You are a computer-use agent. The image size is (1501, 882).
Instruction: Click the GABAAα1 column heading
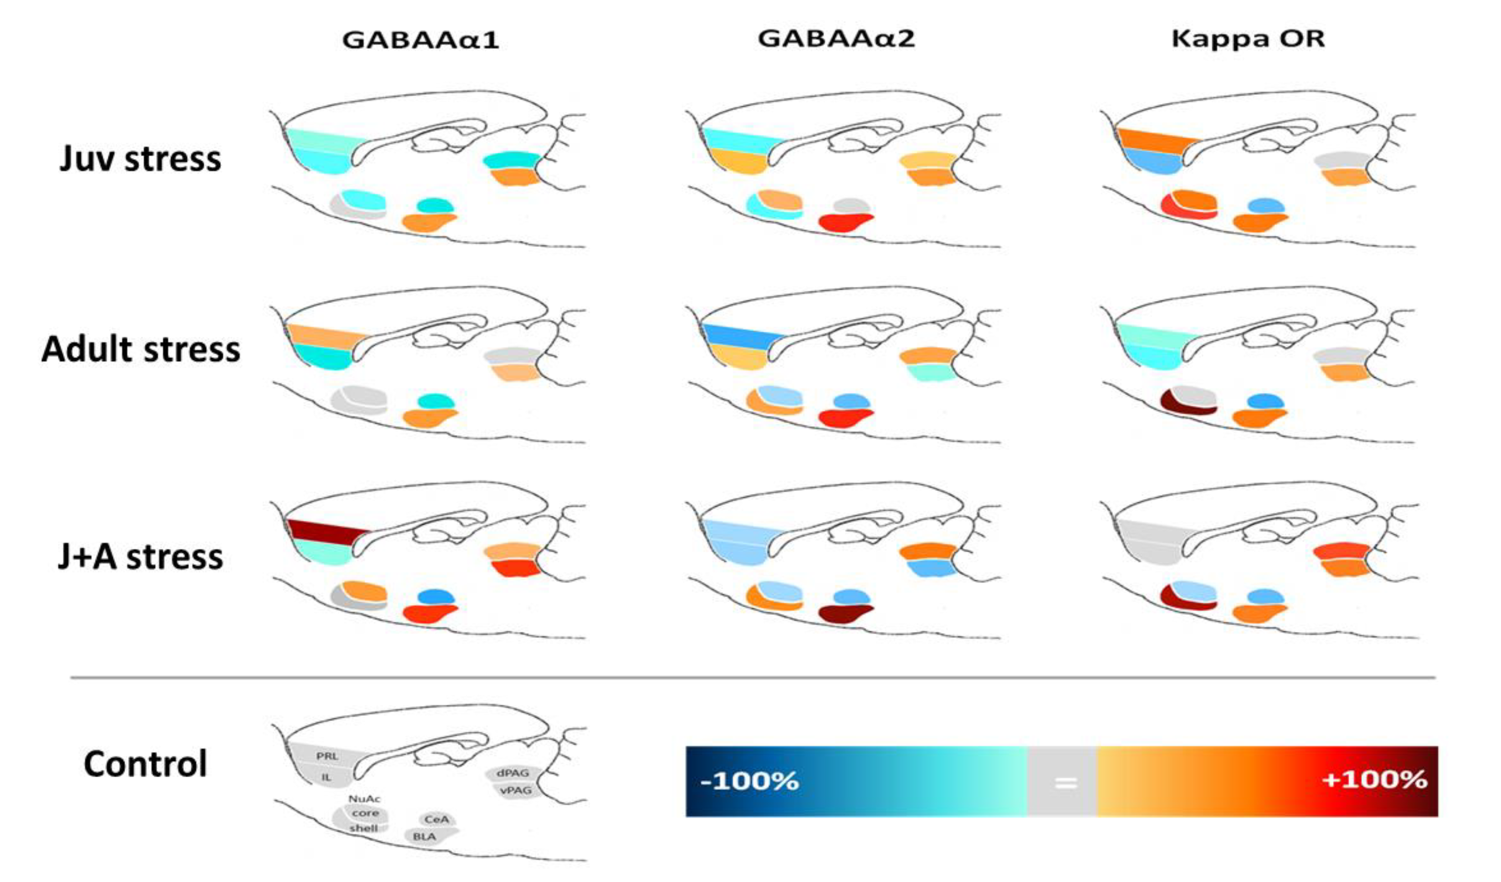coord(420,40)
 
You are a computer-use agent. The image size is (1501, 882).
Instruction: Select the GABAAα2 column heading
coord(836,39)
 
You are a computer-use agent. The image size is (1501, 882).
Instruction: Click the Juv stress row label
coord(140,159)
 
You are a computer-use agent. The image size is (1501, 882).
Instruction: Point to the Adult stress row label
coord(140,349)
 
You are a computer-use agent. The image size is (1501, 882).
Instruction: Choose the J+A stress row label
coord(140,557)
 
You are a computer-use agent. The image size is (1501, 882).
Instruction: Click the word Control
coord(145,763)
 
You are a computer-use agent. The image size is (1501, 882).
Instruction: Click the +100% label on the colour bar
coord(1373,780)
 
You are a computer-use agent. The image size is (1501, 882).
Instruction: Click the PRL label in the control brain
coord(327,756)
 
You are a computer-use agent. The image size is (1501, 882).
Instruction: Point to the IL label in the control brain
coord(326,777)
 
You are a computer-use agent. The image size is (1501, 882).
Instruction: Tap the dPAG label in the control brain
coord(512,773)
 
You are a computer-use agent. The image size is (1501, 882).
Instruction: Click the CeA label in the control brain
coord(436,819)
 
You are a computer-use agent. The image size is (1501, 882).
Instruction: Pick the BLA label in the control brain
coord(424,836)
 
